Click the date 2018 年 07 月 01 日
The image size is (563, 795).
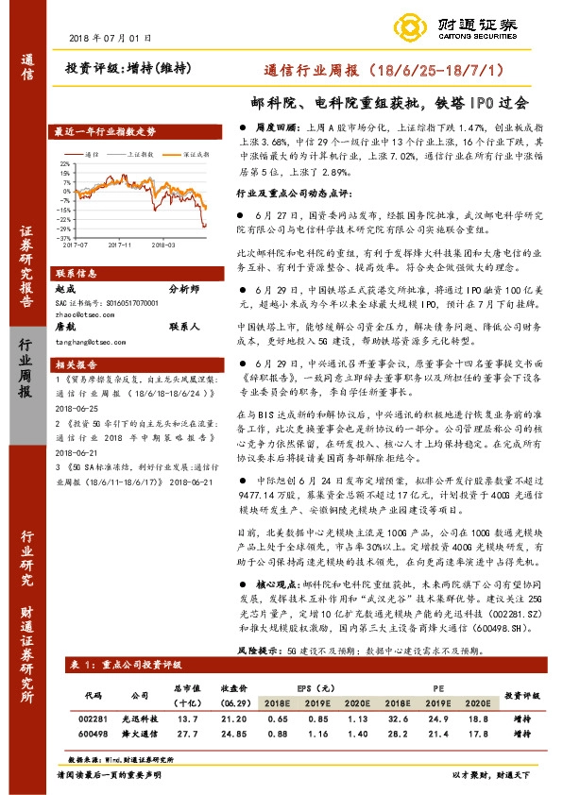click(111, 38)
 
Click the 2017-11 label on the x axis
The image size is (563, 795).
click(120, 244)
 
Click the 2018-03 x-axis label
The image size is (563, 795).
click(164, 244)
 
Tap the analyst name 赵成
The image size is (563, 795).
click(65, 290)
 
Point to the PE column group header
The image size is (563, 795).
click(436, 686)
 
